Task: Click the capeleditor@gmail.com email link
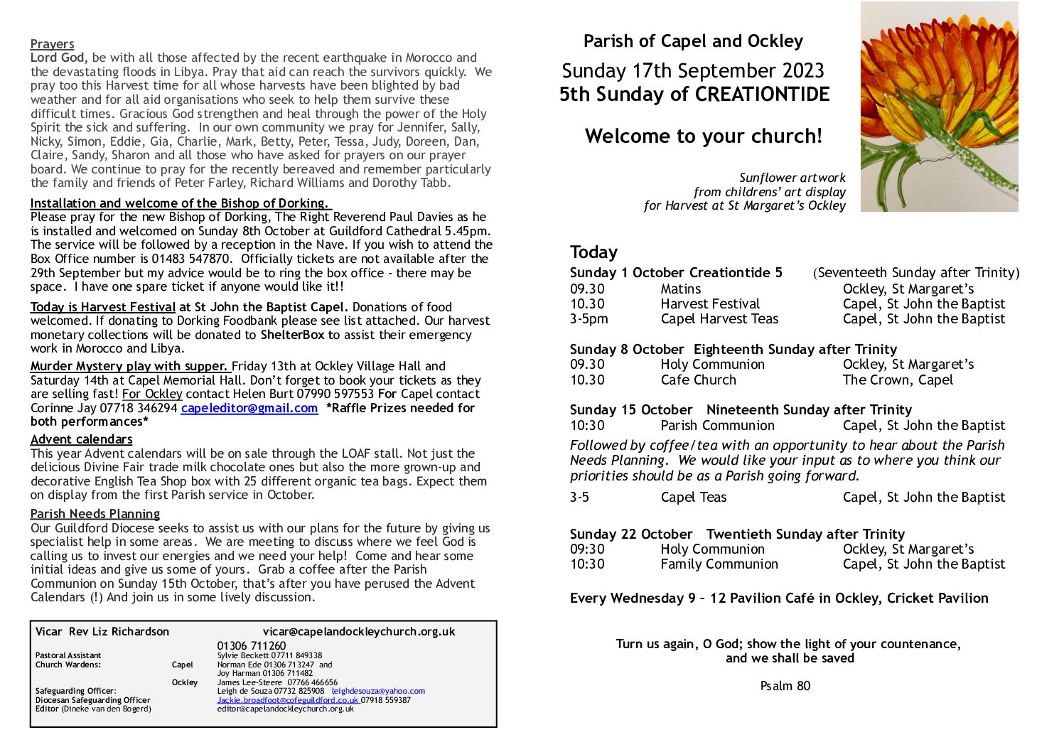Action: pyautogui.click(x=249, y=408)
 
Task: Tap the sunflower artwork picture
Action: pyautogui.click(x=939, y=107)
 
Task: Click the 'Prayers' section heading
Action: pyautogui.click(x=52, y=44)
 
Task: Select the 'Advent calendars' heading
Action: pyautogui.click(x=81, y=439)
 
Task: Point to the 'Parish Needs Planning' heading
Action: pyautogui.click(x=95, y=514)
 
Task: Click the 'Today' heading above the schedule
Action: pyautogui.click(x=593, y=252)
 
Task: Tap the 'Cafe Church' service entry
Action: pyautogui.click(x=698, y=380)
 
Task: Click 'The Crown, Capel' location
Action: pyautogui.click(x=898, y=380)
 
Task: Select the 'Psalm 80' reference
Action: pyautogui.click(x=785, y=686)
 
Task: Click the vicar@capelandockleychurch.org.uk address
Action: pyautogui.click(x=359, y=631)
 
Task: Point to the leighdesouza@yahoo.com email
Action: pyautogui.click(x=378, y=691)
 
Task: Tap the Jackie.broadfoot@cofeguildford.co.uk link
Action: pyautogui.click(x=288, y=700)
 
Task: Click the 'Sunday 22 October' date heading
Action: pyautogui.click(x=631, y=534)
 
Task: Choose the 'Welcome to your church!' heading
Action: pyautogui.click(x=703, y=136)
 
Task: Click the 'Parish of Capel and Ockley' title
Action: pyautogui.click(x=693, y=41)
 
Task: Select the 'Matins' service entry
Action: pyautogui.click(x=680, y=289)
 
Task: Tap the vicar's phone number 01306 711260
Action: pyautogui.click(x=252, y=646)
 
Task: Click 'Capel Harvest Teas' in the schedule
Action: pyautogui.click(x=719, y=319)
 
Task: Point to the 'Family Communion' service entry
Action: pyautogui.click(x=719, y=564)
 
